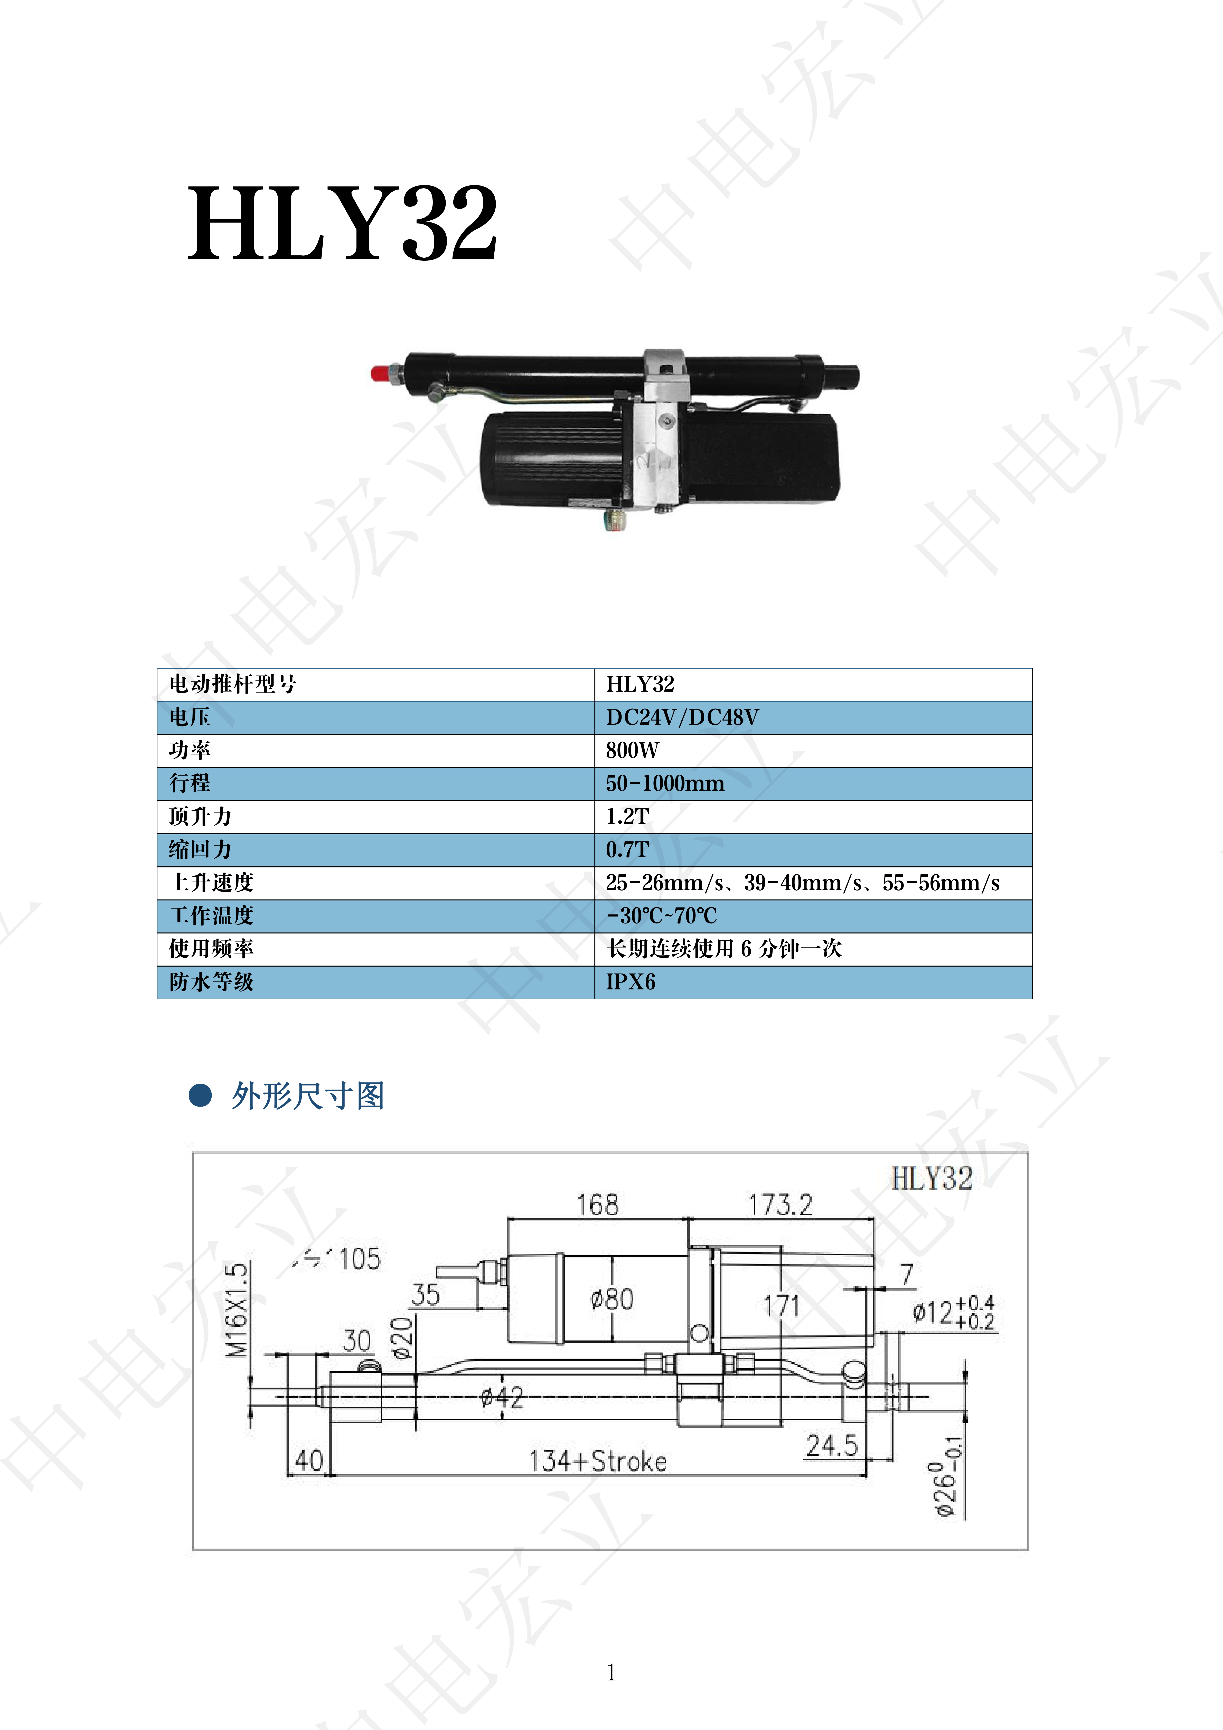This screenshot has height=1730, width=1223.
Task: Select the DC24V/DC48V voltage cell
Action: click(682, 717)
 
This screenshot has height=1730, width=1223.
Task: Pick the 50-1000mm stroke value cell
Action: click(665, 784)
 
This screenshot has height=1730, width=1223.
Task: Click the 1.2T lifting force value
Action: click(627, 817)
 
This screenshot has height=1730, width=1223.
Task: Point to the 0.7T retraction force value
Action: click(627, 850)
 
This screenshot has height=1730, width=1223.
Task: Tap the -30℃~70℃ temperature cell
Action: click(662, 916)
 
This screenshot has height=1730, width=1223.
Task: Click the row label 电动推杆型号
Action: click(233, 684)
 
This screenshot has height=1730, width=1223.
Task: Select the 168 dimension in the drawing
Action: click(598, 1205)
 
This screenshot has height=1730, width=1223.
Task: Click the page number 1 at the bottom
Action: click(611, 1673)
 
